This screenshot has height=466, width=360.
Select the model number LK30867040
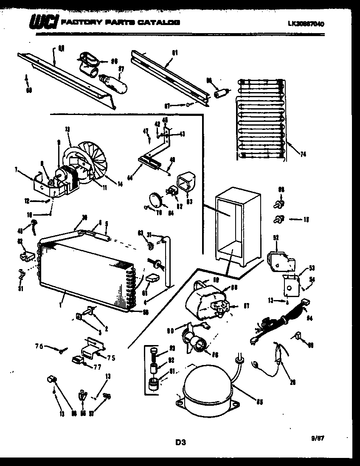point(306,24)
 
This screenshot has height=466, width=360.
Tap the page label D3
point(181,443)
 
